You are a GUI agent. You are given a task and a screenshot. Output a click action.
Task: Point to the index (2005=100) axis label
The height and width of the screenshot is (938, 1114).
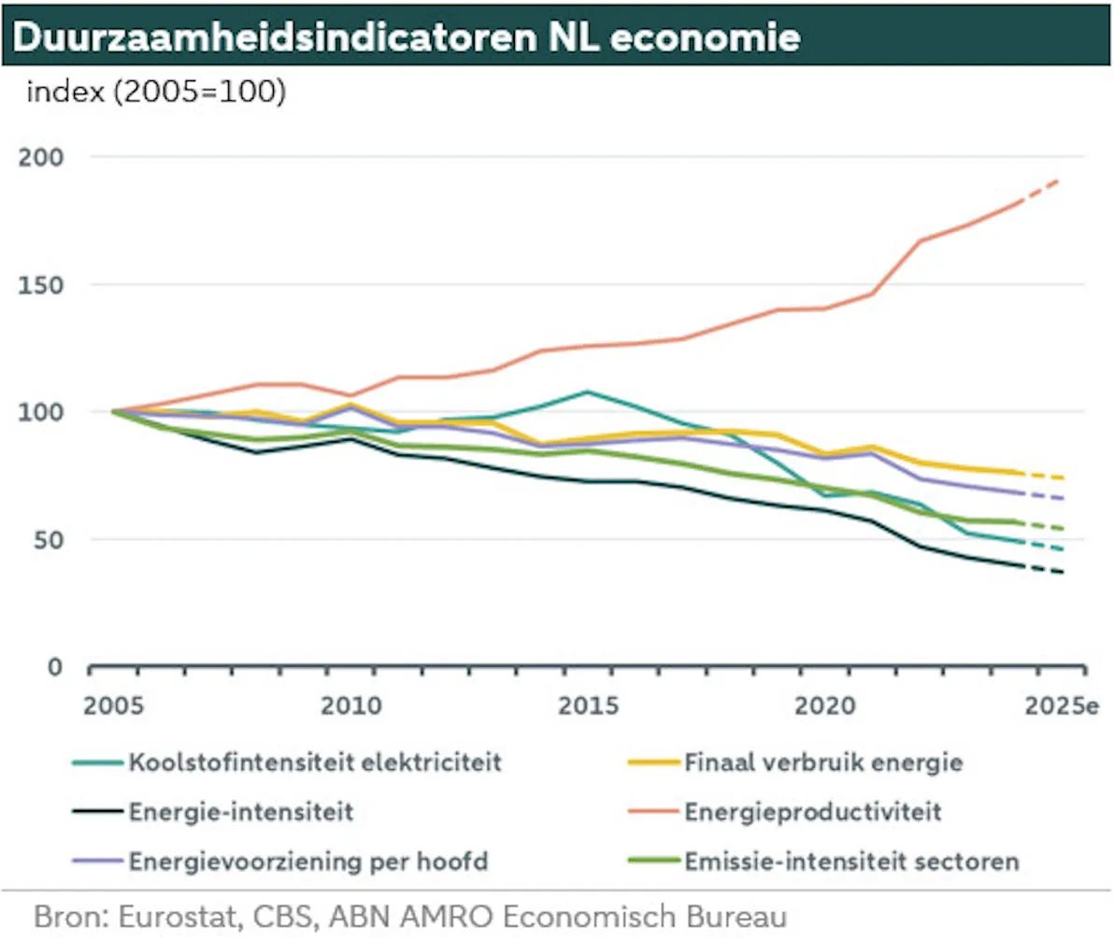pos(155,93)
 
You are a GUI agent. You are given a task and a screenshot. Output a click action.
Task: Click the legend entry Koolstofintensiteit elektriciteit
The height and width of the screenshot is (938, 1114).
pos(316,762)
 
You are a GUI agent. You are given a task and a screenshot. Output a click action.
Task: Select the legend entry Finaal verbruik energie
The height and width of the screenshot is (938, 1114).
pos(823,762)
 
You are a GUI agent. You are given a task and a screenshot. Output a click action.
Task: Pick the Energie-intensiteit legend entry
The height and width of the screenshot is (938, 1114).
pos(241,812)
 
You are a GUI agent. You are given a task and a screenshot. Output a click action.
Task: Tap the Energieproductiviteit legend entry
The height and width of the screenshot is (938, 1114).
pos(813,812)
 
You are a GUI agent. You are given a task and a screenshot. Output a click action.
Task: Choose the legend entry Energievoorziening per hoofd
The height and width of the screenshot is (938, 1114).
pos(308,861)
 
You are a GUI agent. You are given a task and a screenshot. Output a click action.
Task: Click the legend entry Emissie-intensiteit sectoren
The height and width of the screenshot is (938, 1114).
pos(851,861)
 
